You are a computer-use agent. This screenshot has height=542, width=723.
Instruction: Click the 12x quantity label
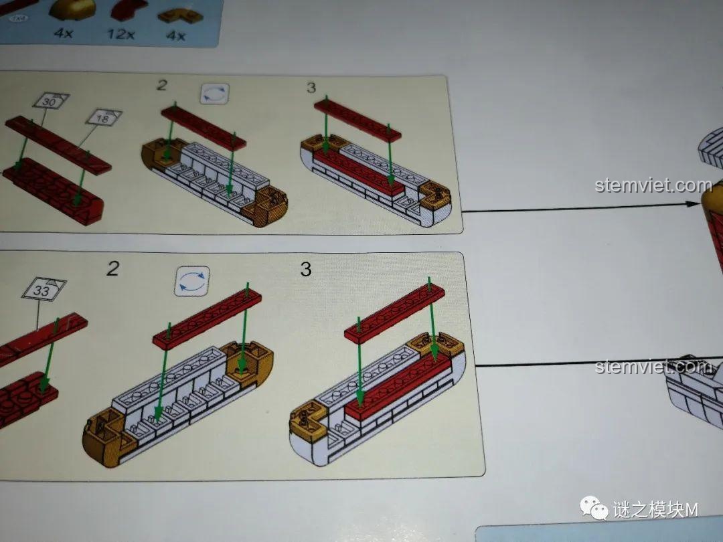[x=120, y=33]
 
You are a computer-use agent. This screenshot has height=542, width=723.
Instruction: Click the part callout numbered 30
[x=49, y=102]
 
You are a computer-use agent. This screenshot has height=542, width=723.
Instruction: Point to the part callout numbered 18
[x=103, y=118]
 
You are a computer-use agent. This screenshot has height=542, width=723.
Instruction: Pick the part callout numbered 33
[x=42, y=290]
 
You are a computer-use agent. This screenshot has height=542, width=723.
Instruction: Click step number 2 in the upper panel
[x=161, y=85]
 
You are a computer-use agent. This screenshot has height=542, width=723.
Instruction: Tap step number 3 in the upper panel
[x=311, y=88]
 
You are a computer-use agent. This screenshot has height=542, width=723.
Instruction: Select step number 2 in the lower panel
[x=112, y=269]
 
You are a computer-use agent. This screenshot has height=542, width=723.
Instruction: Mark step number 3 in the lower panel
[x=305, y=269]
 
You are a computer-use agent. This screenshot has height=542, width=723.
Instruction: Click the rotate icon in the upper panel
[x=214, y=94]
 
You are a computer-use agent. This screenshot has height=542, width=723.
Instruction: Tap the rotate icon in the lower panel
[x=192, y=281]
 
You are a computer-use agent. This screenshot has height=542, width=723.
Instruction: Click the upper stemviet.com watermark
[x=653, y=185]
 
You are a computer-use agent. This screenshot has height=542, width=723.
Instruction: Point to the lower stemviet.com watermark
[x=653, y=367]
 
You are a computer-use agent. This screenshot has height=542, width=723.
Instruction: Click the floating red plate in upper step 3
[x=357, y=120]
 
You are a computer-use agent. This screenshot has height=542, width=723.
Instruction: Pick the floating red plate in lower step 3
[x=395, y=311]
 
